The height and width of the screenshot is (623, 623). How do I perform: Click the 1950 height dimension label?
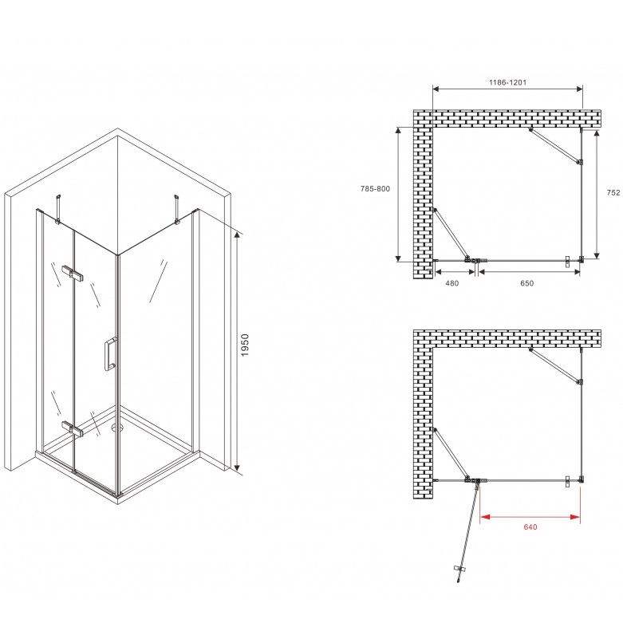245,345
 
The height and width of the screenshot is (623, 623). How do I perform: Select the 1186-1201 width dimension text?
507,82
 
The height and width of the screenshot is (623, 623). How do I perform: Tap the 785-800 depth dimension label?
375,189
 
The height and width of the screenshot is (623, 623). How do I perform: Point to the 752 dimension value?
613,192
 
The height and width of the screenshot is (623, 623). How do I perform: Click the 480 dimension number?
451,283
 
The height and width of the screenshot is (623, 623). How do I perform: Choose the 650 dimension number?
526,283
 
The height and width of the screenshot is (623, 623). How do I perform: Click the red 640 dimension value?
530,526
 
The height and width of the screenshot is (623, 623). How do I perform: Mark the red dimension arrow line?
530,517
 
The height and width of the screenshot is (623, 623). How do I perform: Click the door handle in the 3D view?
110,354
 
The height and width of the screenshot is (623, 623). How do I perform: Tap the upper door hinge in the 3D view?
73,272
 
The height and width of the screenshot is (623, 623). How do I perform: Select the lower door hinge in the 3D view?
73,429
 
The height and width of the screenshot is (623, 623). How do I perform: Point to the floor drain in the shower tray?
116,428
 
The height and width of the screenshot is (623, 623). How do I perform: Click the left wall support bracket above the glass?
59,208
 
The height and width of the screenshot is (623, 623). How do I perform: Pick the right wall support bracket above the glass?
177,208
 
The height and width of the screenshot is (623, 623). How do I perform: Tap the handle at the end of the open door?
459,569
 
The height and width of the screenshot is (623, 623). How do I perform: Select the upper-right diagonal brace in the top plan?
555,145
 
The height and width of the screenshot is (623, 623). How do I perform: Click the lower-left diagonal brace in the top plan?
451,235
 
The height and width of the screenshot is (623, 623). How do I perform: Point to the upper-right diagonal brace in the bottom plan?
555,365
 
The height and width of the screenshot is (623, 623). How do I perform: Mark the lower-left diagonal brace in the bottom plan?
451,455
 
